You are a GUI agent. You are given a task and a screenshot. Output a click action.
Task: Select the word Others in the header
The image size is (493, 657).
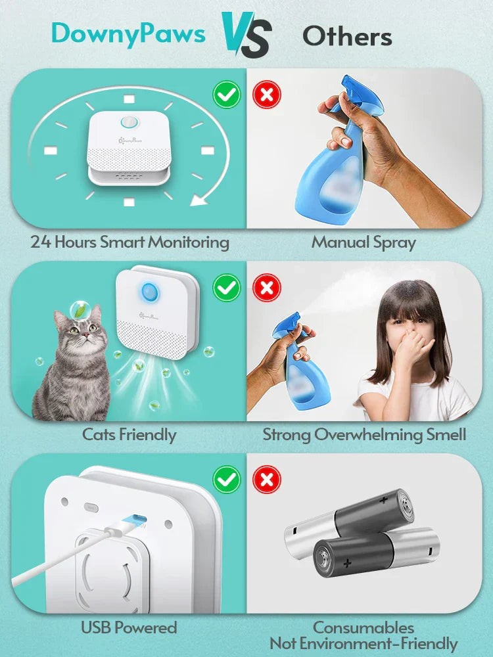tap(346, 36)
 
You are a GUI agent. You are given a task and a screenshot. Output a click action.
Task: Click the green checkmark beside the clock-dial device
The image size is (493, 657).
tap(227, 96)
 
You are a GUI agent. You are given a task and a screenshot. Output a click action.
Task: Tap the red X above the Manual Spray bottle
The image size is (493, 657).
tap(267, 96)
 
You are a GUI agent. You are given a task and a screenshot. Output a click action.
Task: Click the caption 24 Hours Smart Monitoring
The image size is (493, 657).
tap(130, 242)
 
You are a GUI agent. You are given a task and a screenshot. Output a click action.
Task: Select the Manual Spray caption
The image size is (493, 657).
tap(364, 242)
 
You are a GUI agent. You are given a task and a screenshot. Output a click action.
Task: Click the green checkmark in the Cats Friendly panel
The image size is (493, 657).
tap(227, 287)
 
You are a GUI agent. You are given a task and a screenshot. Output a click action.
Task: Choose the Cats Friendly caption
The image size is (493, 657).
tap(129, 434)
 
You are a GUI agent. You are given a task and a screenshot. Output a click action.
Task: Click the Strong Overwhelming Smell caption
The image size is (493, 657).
tap(364, 434)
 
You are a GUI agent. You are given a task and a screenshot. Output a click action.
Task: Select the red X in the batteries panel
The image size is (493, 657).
tap(267, 480)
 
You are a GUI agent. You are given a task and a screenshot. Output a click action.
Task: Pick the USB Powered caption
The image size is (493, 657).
tap(129, 627)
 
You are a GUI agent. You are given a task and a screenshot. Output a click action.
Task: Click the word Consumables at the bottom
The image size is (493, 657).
tap(364, 627)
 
